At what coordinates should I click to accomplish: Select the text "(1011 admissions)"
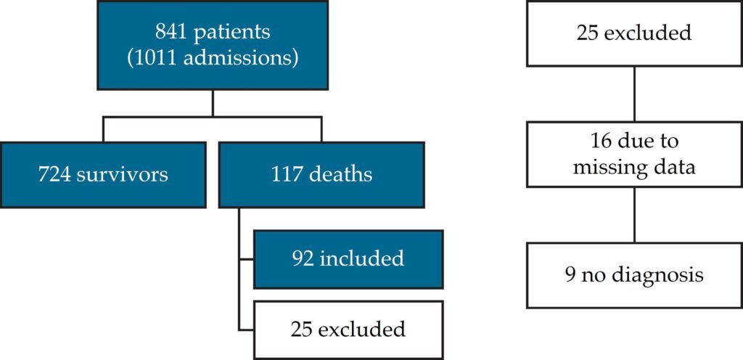pos(213,59)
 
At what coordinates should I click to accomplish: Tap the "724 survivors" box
pos(103,175)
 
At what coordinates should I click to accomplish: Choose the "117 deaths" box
pos(321,175)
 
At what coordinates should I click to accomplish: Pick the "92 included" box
pos(348,259)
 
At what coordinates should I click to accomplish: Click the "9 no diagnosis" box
pos(634,275)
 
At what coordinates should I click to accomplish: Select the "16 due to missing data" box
pos(634,154)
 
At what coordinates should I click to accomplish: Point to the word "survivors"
pos(122,175)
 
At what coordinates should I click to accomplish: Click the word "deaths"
pos(341,174)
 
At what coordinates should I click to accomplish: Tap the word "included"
pos(361,259)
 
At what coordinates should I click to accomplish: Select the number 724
pos(54,175)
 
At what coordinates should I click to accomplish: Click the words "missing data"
pos(634,167)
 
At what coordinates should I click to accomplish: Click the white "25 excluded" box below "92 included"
pos(348,330)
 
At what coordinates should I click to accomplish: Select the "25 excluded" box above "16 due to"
pos(634,33)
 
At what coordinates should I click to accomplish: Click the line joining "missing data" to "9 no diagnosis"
pos(634,215)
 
